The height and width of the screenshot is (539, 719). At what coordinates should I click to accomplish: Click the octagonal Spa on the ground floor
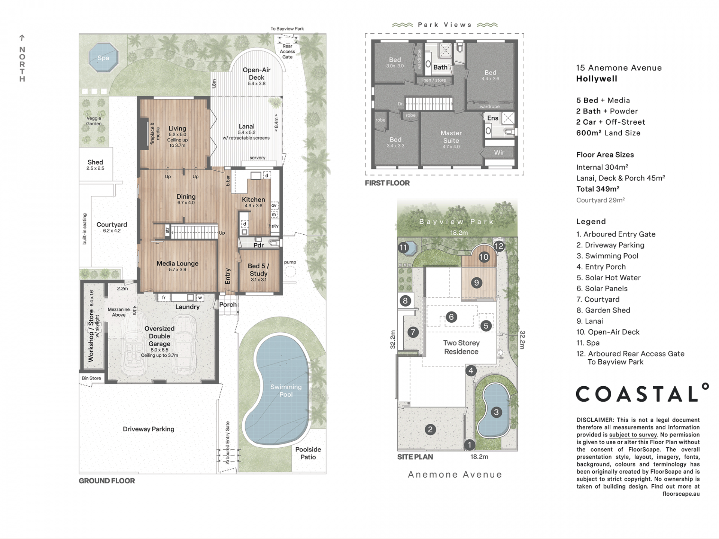103,58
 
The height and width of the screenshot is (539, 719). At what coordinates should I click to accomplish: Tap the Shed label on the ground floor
95,162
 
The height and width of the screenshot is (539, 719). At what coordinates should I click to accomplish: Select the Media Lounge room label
178,264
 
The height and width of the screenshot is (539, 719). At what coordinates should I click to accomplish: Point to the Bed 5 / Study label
258,270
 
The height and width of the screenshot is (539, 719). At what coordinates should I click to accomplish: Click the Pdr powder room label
259,245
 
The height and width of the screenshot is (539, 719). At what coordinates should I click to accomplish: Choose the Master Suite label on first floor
451,137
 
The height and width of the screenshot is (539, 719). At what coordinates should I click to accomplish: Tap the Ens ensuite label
493,118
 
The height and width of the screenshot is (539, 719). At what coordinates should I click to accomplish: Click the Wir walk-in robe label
499,152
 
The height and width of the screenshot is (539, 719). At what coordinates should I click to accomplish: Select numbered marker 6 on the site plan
451,317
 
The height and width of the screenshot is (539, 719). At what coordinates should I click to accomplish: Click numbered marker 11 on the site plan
403,247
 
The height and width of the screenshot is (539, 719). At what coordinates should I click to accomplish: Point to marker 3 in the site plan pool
496,412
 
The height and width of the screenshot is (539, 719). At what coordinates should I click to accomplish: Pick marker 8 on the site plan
405,301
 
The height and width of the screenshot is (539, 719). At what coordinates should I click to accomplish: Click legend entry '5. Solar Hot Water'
609,278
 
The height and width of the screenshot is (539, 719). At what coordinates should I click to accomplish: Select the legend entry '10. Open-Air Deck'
608,332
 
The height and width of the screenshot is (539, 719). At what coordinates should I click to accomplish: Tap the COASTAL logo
642,393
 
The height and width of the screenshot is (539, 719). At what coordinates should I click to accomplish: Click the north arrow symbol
22,38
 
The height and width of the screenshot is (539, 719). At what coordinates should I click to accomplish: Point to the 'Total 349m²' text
598,189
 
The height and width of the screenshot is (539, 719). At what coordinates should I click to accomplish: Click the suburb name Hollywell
597,79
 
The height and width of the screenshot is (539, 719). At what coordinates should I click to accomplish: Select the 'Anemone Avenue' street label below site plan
455,475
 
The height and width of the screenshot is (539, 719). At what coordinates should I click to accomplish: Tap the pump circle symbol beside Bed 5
290,271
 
